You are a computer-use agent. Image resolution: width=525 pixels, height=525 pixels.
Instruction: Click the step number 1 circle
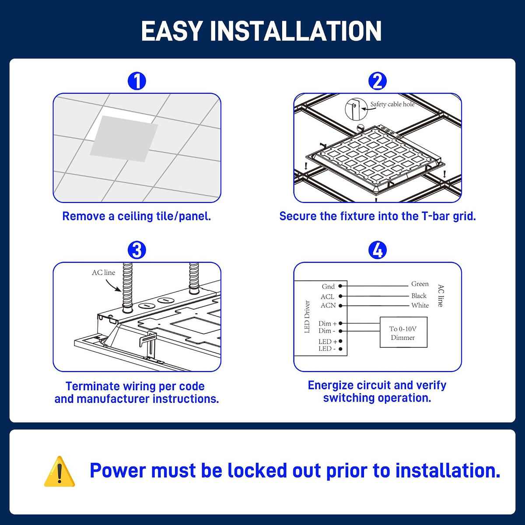137,81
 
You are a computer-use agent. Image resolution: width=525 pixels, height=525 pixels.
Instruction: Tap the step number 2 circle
377,81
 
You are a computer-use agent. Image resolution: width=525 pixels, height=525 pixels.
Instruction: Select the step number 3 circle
137,250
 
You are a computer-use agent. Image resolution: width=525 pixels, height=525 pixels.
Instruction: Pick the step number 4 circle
377,250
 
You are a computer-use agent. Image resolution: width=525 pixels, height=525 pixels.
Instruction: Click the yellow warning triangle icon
59,472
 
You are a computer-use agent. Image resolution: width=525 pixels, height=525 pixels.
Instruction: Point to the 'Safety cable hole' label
392,104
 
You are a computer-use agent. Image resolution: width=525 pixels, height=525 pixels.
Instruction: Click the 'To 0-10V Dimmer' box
403,332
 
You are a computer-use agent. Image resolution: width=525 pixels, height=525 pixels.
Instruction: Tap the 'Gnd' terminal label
328,286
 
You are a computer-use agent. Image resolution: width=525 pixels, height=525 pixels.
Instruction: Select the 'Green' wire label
420,284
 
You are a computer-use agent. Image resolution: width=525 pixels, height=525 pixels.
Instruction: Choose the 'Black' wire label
419,296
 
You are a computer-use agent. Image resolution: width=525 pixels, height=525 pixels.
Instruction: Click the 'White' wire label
420,305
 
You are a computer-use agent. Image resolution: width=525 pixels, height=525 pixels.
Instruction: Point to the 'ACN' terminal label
328,305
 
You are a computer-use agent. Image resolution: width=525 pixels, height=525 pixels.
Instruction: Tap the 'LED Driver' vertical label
307,317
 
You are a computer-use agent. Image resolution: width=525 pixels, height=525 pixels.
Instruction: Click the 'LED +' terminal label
328,341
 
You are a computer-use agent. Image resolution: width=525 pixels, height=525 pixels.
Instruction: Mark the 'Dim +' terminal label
328,323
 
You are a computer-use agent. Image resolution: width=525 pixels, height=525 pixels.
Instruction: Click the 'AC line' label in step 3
104,273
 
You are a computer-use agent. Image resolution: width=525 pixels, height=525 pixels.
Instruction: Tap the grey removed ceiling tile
124,139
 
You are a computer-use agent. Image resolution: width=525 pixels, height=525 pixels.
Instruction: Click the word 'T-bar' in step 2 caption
436,216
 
